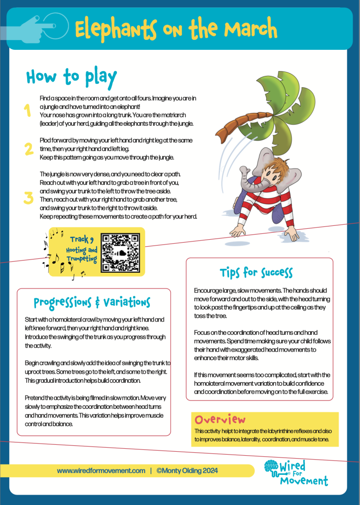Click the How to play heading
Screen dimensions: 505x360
point(71,77)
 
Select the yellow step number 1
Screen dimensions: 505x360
point(28,111)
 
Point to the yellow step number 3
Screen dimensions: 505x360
point(29,198)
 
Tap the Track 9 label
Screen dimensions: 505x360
point(82,240)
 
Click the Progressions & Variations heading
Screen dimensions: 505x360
point(92,302)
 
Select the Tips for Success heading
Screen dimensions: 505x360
point(256,272)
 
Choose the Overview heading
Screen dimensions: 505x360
point(220,420)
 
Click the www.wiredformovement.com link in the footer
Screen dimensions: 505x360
point(101,470)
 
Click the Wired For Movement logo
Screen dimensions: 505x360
point(295,472)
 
